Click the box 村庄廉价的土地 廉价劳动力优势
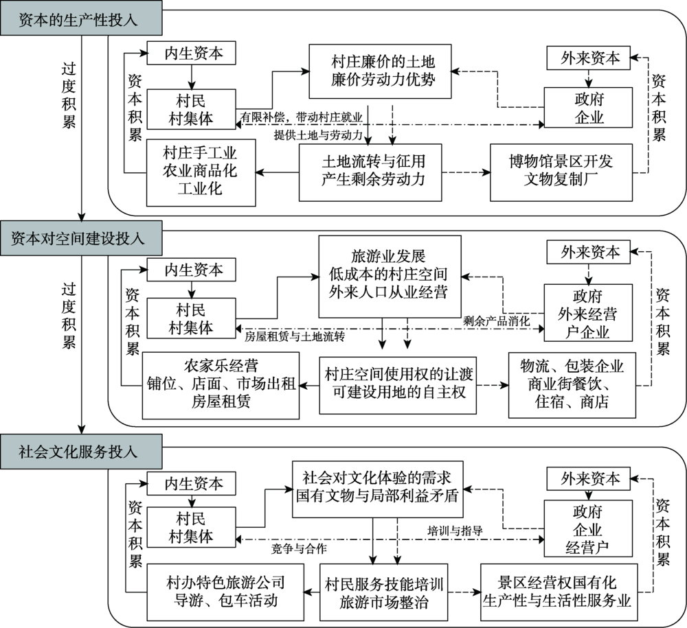383,71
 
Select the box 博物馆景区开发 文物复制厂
561,172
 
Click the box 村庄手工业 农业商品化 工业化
191,170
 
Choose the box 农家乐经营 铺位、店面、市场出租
221,385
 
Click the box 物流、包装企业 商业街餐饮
572,384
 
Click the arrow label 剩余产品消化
497,321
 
